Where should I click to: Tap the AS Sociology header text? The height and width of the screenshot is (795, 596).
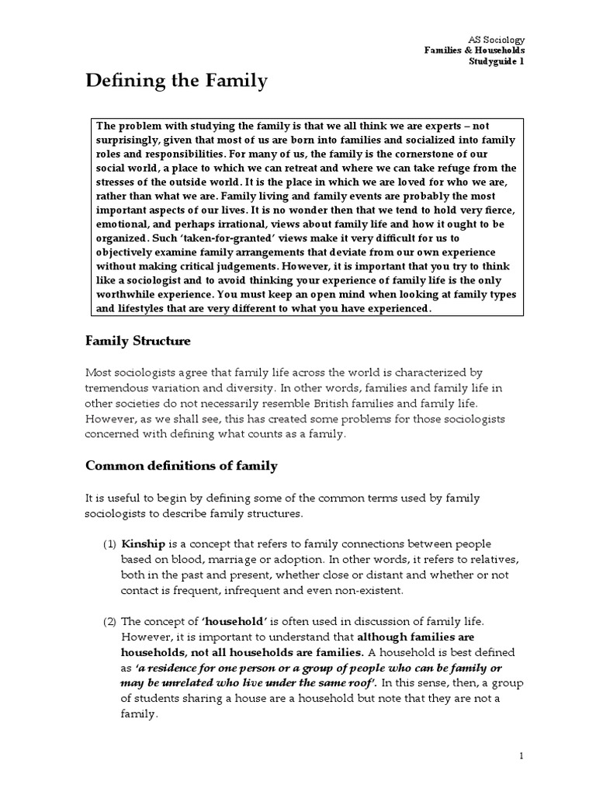497,39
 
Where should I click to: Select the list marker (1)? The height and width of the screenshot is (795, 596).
109,543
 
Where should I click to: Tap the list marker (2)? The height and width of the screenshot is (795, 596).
109,621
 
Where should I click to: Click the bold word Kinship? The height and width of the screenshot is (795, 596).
141,543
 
